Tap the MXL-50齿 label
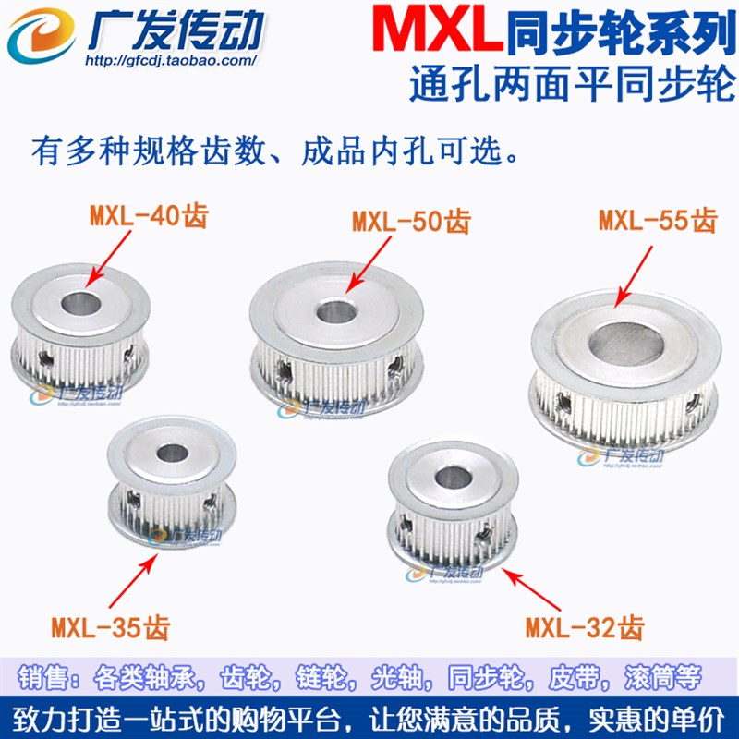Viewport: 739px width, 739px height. [411, 224]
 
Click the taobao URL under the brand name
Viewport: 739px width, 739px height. [170, 62]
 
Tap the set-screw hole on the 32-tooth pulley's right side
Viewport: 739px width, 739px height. [483, 533]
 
